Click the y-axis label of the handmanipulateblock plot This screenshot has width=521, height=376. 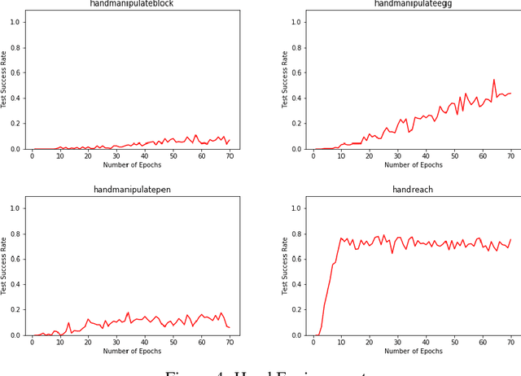tap(6, 80)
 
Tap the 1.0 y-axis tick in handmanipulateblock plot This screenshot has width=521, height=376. tap(15, 22)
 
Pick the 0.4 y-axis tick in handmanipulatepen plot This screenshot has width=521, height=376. tap(15, 284)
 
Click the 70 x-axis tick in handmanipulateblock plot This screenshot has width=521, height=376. tap(230, 155)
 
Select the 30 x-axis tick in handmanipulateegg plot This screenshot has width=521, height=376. tap(397, 155)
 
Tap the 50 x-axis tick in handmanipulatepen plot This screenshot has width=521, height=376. tap(173, 342)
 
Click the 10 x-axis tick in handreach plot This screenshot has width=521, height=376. tap(341, 342)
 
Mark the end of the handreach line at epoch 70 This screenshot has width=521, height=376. tap(510, 240)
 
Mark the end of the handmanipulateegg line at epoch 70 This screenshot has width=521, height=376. tap(510, 93)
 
